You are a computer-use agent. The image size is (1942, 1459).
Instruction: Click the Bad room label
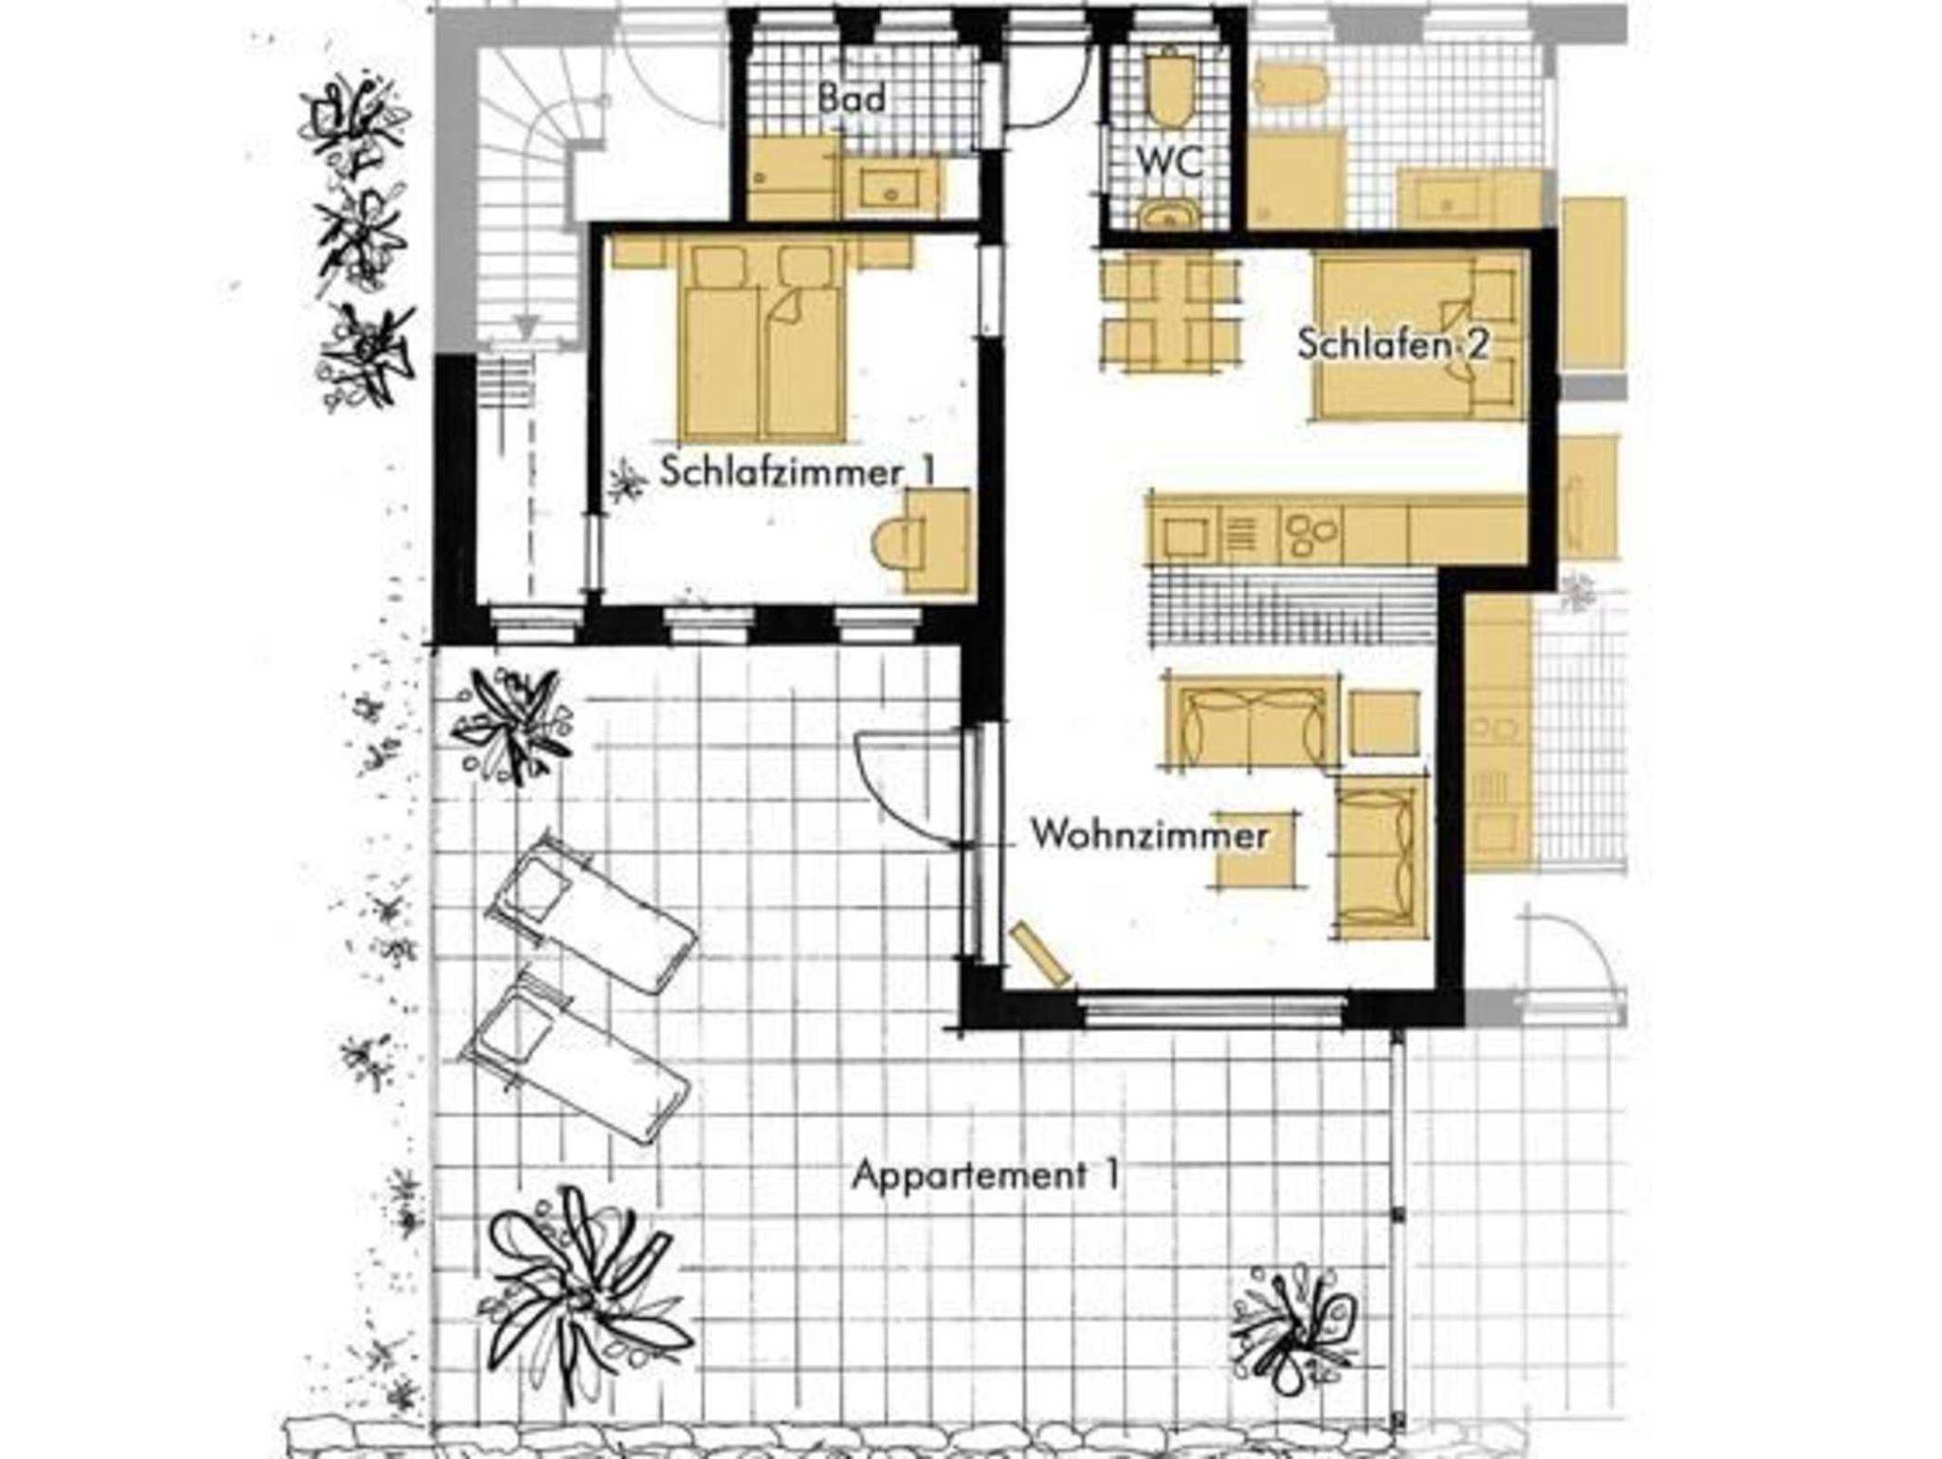click(x=852, y=99)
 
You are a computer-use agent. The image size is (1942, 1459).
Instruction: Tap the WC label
click(x=1170, y=161)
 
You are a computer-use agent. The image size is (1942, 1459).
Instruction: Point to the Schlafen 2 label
click(x=1392, y=343)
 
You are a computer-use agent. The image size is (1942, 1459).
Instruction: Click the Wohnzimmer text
click(x=1149, y=836)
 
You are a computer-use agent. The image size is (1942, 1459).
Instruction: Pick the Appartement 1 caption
click(x=985, y=1176)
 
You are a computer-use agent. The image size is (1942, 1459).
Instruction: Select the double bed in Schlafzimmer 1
click(x=762, y=341)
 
